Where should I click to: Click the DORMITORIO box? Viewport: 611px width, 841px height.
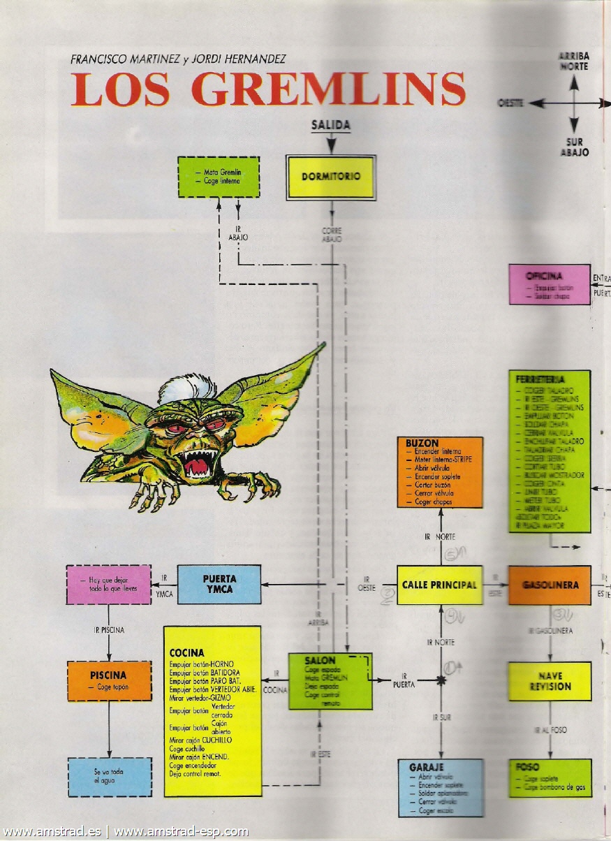tap(331, 177)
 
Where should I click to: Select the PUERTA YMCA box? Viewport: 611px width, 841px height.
tap(219, 585)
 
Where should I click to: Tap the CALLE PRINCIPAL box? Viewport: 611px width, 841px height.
tap(440, 585)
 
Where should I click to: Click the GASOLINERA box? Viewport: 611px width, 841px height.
tap(550, 585)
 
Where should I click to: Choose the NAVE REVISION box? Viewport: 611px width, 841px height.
tap(550, 681)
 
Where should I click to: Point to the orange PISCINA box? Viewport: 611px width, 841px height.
tap(109, 680)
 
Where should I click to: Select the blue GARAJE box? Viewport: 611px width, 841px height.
tap(440, 787)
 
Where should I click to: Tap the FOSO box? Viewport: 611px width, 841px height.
tap(550, 777)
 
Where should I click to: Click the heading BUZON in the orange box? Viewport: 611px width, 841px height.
tap(422, 444)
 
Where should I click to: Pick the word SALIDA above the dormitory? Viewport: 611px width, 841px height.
tap(330, 126)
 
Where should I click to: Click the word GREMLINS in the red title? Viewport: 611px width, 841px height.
tap(327, 89)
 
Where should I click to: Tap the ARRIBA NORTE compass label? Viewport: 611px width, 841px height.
tap(573, 61)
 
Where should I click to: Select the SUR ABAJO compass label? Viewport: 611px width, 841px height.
tap(574, 147)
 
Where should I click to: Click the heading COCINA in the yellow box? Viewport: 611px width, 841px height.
tap(186, 653)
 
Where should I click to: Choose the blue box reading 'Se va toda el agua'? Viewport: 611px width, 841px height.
tap(109, 776)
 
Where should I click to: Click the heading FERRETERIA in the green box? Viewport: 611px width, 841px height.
tap(540, 379)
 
